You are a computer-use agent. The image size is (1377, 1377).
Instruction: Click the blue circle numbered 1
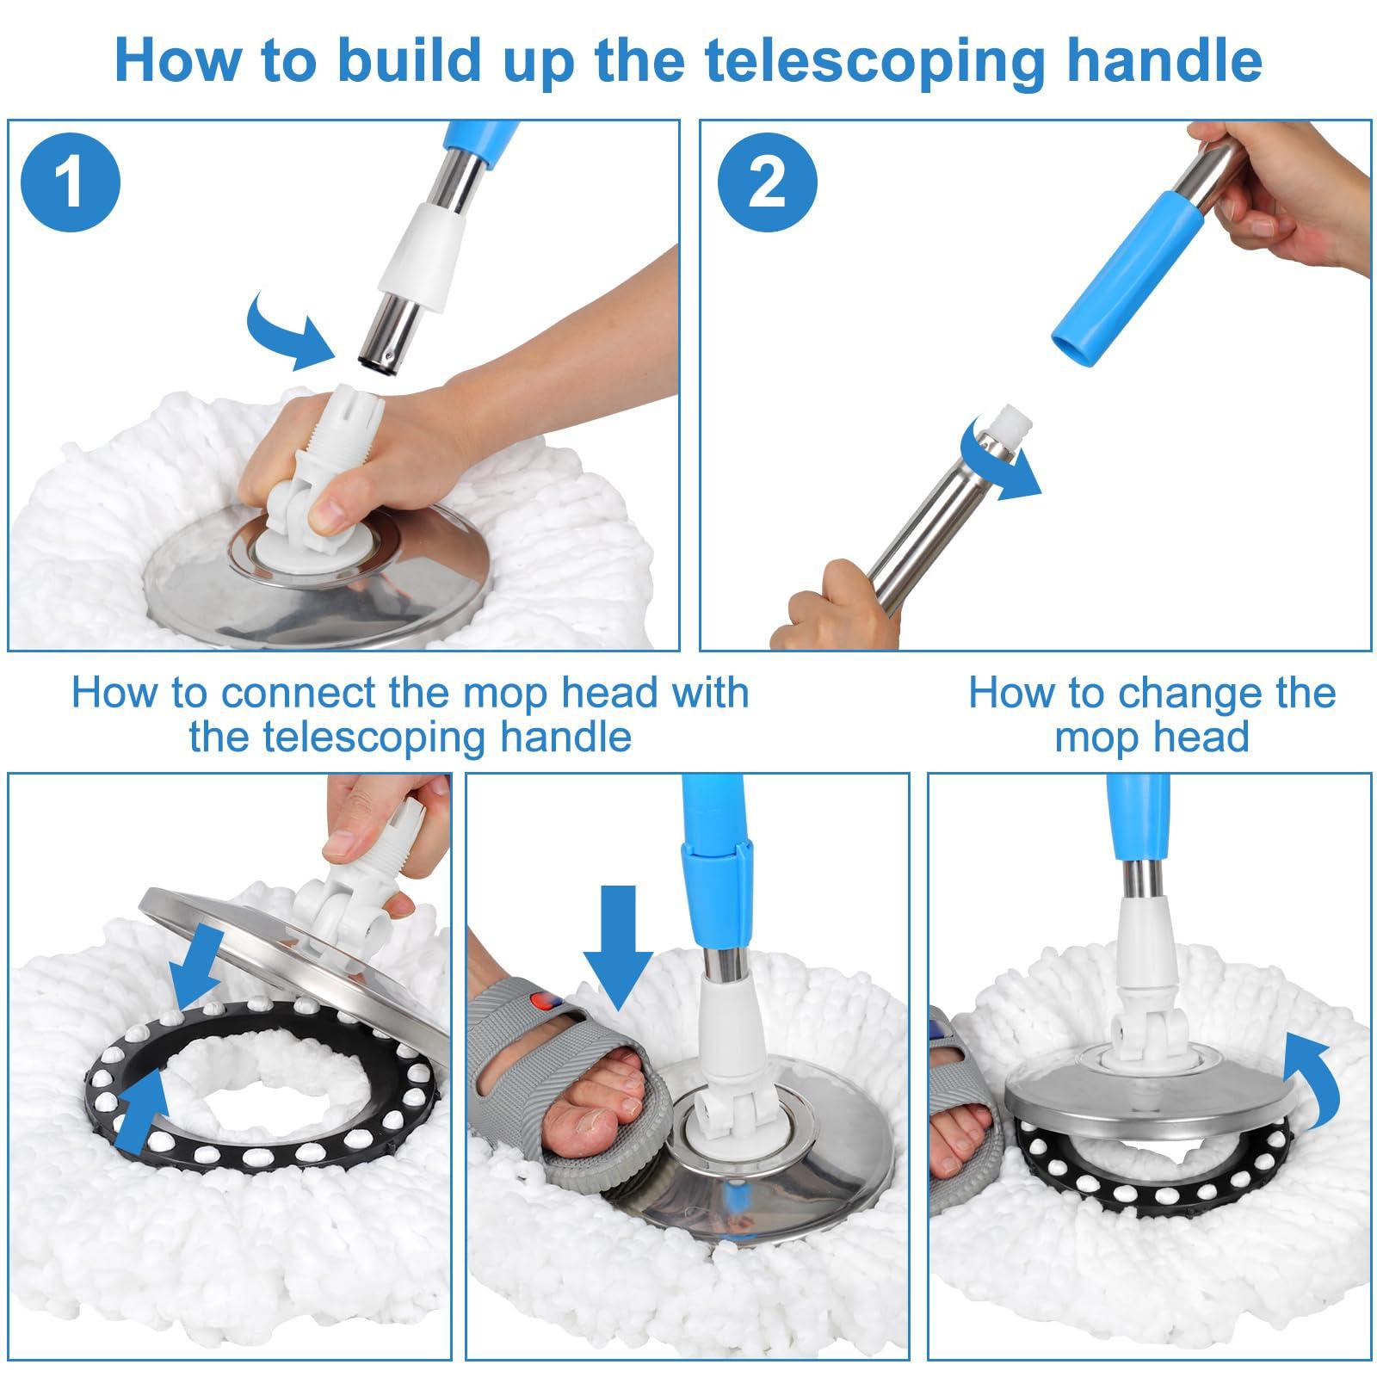pyautogui.click(x=71, y=182)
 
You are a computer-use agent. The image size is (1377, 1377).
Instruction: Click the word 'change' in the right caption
pyautogui.click(x=1201, y=694)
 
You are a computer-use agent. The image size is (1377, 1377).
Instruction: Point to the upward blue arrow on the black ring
pyautogui.click(x=142, y=1115)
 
